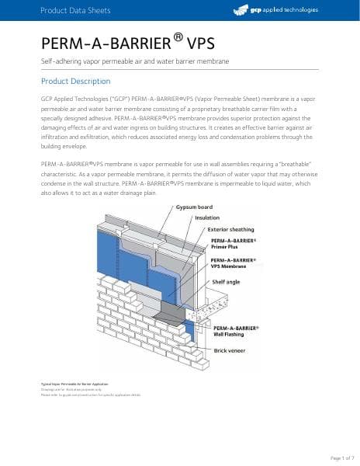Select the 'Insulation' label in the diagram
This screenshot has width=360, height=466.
206,218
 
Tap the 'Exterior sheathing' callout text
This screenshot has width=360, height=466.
230,230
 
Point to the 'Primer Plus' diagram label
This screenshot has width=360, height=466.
226,246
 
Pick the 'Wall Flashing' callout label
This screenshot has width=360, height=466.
230,335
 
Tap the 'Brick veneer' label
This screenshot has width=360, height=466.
230,350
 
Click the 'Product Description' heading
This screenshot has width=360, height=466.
75,82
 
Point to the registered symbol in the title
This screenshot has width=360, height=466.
177,36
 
